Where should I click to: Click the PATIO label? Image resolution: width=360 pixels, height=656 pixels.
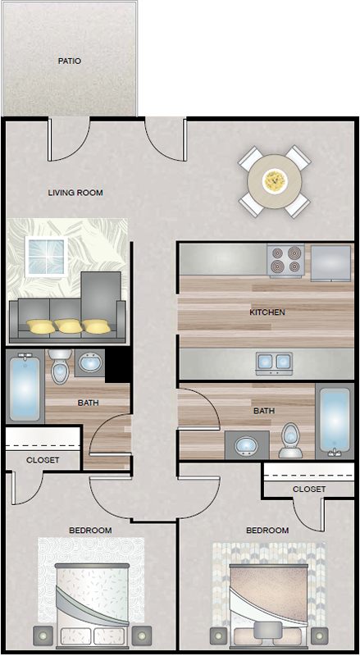pyautogui.click(x=70, y=61)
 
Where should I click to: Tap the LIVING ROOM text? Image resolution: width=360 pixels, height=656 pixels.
pyautogui.click(x=75, y=193)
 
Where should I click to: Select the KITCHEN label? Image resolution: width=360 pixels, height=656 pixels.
pyautogui.click(x=267, y=312)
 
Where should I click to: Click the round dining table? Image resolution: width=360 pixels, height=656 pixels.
pyautogui.click(x=275, y=181)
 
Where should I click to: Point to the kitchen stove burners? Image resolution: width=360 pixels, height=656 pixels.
pyautogui.click(x=286, y=260)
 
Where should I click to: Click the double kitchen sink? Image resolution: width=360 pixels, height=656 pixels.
pyautogui.click(x=274, y=362)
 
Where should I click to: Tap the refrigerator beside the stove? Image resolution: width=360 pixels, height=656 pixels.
pyautogui.click(x=330, y=263)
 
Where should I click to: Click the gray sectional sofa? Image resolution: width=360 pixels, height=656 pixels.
pyautogui.click(x=68, y=312)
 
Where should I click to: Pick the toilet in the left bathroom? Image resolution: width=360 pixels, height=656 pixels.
pyautogui.click(x=61, y=367)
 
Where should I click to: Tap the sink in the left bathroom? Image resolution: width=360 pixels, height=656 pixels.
pyautogui.click(x=89, y=362)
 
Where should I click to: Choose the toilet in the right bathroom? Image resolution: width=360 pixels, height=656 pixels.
pyautogui.click(x=291, y=440)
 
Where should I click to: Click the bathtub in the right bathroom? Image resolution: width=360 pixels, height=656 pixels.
pyautogui.click(x=335, y=421)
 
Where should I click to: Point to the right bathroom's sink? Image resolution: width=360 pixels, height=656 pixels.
pyautogui.click(x=247, y=444)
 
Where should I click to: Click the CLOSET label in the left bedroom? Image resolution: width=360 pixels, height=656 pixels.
pyautogui.click(x=43, y=460)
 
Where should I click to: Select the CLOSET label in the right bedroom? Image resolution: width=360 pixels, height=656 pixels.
pyautogui.click(x=309, y=489)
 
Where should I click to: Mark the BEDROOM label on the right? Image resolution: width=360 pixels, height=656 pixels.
pyautogui.click(x=267, y=531)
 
